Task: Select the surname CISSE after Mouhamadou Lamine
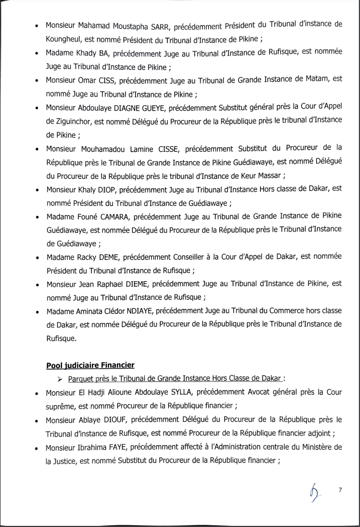(x=162, y=148)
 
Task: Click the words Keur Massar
(x=263, y=175)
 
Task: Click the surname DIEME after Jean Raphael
(x=132, y=284)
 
